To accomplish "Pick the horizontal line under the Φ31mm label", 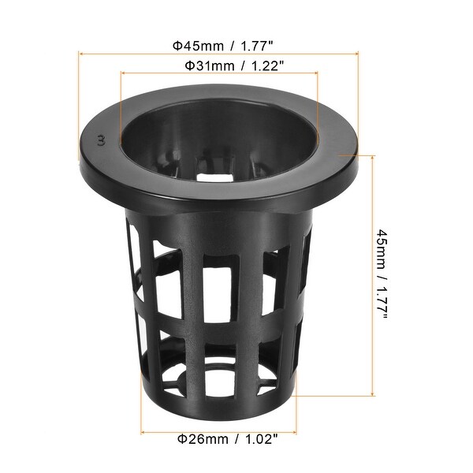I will point(219,74).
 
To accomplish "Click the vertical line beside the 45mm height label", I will point(371,275).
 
